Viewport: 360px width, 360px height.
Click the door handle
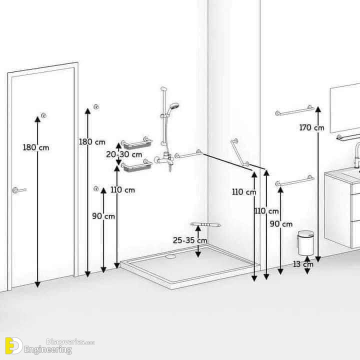pos(19,190)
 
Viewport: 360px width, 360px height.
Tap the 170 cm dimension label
pos(311,127)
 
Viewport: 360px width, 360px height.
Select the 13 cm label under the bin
pos(303,264)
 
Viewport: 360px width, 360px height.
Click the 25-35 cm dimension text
pos(190,240)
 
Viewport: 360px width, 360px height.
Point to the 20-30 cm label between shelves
pos(124,154)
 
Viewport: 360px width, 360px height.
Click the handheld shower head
pos(173,108)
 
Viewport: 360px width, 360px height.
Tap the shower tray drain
pos(170,256)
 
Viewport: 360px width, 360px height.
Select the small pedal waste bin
pos(305,243)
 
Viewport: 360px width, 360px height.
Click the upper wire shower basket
pos(137,143)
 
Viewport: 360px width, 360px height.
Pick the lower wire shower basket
pos(137,165)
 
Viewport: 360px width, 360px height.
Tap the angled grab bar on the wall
pos(239,152)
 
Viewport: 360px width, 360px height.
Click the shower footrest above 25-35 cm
pos(205,224)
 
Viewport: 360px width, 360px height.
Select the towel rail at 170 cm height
pos(295,110)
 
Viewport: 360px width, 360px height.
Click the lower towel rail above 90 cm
pos(295,181)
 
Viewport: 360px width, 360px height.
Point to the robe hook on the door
pos(43,115)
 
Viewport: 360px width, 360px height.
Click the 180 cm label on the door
pos(36,147)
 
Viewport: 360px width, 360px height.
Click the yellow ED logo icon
pos(14,345)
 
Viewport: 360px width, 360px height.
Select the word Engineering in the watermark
pos(48,350)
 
